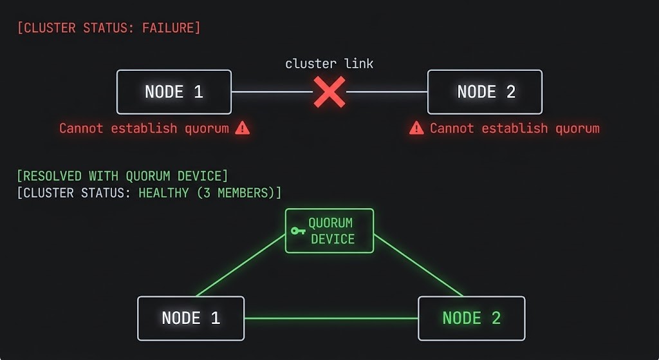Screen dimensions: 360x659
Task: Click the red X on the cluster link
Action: point(329,92)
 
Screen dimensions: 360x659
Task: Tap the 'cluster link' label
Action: point(329,63)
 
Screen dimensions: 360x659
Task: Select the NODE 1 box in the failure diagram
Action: point(174,92)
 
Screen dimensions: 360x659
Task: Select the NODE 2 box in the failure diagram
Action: point(485,92)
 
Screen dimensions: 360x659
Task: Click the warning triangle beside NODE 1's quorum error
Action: point(242,128)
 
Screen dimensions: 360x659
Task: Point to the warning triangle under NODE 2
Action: point(416,128)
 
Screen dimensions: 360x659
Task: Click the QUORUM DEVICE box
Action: point(329,231)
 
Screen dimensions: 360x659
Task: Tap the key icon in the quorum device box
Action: point(297,231)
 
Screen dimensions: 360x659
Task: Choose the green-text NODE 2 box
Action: point(471,318)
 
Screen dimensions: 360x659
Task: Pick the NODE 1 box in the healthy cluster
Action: point(191,318)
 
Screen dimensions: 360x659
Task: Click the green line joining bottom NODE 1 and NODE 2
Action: point(331,318)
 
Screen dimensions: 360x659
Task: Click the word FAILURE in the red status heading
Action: point(169,28)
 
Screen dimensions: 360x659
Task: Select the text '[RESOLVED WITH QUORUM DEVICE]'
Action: point(122,176)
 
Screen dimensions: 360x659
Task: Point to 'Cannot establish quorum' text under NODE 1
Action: point(144,128)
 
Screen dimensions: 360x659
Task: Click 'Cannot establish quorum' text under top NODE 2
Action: point(514,128)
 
